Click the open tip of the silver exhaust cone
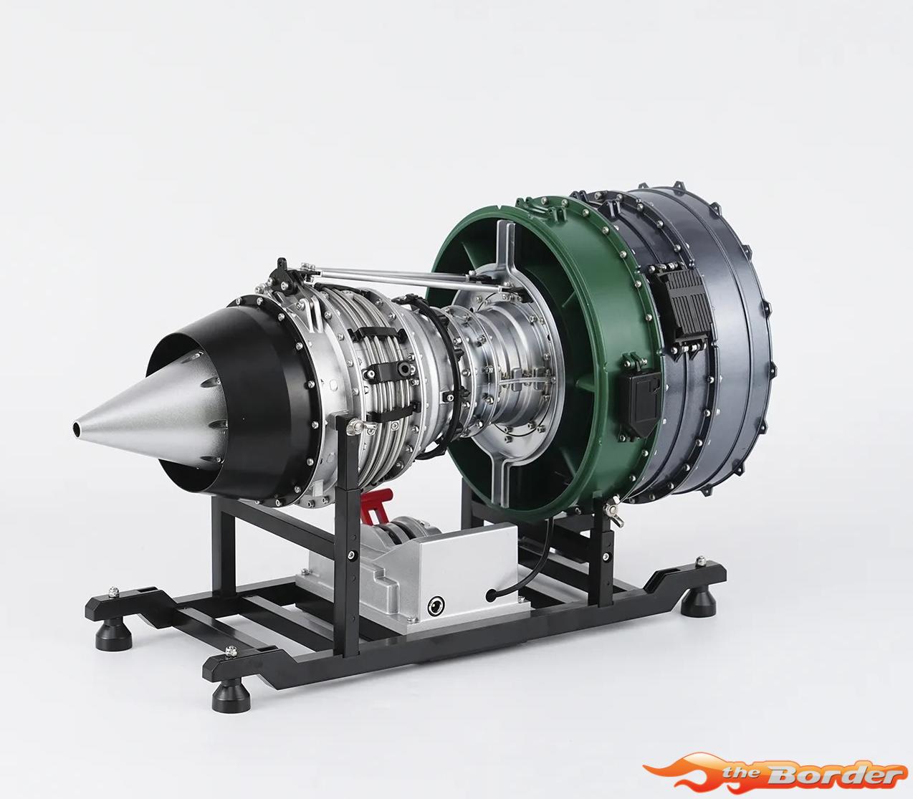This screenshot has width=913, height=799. (x=77, y=428)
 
